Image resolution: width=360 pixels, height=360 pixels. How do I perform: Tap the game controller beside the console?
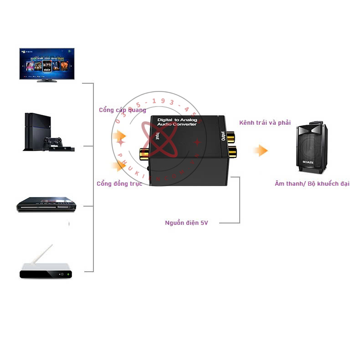(x=55, y=142)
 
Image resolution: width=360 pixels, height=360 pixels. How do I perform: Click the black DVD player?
(x=46, y=205)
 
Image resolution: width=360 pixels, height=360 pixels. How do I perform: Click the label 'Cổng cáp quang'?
(x=123, y=110)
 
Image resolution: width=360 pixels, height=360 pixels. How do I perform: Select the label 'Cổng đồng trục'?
(x=119, y=183)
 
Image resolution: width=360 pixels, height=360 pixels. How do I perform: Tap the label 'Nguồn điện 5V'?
(x=186, y=223)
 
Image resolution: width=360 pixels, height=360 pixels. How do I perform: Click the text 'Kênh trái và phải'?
(x=265, y=123)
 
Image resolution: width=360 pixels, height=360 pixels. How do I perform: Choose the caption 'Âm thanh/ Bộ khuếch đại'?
(x=312, y=183)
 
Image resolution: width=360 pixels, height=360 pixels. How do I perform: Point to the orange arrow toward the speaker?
(x=260, y=151)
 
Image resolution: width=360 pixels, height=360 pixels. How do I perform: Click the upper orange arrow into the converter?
(x=119, y=136)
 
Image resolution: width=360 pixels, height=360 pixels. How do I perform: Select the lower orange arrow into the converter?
(x=119, y=166)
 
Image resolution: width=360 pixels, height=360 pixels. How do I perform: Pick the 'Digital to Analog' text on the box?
(x=177, y=120)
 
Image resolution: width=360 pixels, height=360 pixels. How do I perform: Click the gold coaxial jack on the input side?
(x=145, y=153)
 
